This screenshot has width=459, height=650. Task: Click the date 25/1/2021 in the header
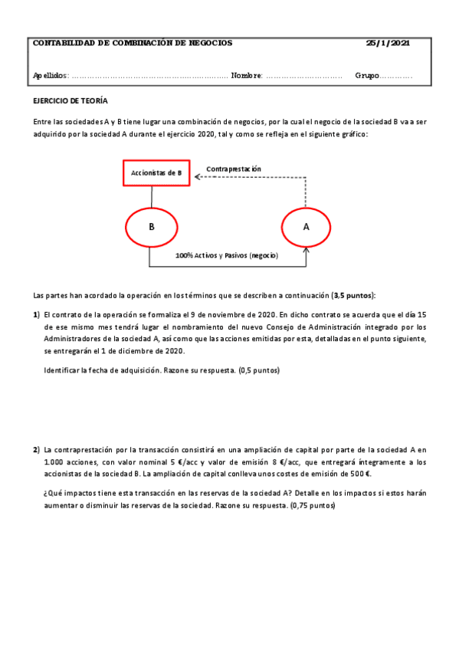coord(388,44)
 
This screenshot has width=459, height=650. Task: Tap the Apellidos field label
coord(51,75)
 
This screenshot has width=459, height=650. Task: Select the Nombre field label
coord(246,75)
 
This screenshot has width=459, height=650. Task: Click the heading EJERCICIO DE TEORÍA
coord(70,100)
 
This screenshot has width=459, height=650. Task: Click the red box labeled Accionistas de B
coord(156,173)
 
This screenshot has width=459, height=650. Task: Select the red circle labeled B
coord(152,227)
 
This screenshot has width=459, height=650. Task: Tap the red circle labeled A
coord(307,227)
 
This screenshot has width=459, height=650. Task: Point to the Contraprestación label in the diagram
coord(234,169)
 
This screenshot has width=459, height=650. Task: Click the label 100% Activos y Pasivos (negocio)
coord(227,254)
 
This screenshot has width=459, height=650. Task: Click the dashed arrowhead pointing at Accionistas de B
coord(197,176)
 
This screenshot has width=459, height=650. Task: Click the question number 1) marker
coord(36,315)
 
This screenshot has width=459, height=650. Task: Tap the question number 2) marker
coord(36,450)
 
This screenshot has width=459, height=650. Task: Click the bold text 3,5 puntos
coord(353,295)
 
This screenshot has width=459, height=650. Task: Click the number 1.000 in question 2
coord(55,462)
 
